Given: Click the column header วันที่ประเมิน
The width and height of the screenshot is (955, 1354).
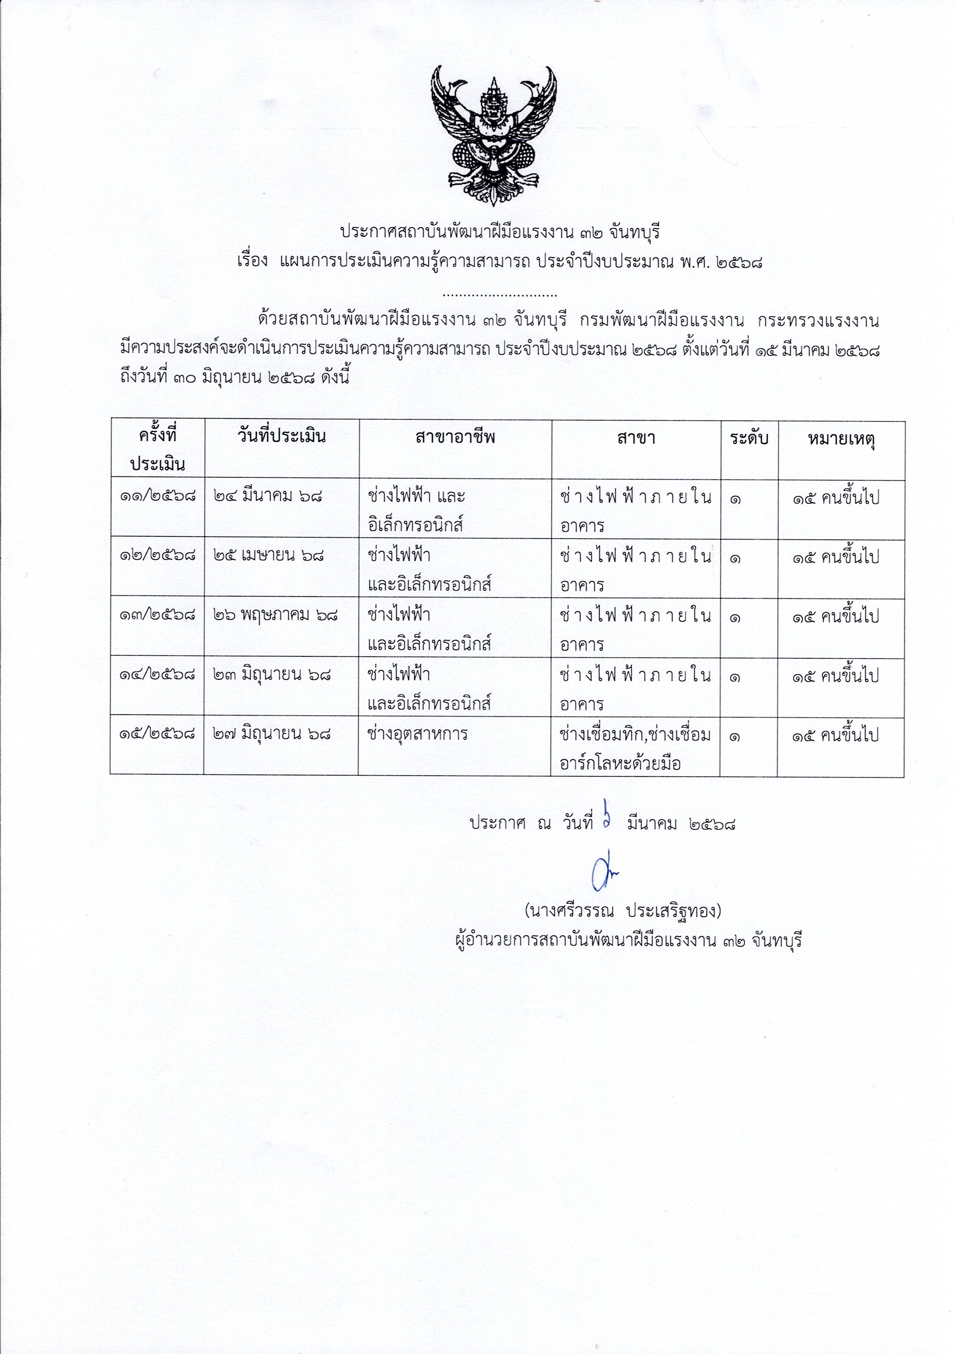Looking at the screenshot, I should [281, 437].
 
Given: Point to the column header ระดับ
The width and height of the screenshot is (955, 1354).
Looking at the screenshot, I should [749, 438].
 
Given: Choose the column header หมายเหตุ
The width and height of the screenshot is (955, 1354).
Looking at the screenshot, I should [841, 439].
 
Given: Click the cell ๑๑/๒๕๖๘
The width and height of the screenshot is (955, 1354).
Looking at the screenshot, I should [157, 497].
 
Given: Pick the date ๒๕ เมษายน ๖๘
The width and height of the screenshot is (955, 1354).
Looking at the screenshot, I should [269, 556].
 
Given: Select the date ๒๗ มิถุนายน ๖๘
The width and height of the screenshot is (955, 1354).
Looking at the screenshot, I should [271, 734].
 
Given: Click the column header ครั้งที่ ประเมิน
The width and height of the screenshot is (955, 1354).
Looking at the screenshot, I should [157, 449].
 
